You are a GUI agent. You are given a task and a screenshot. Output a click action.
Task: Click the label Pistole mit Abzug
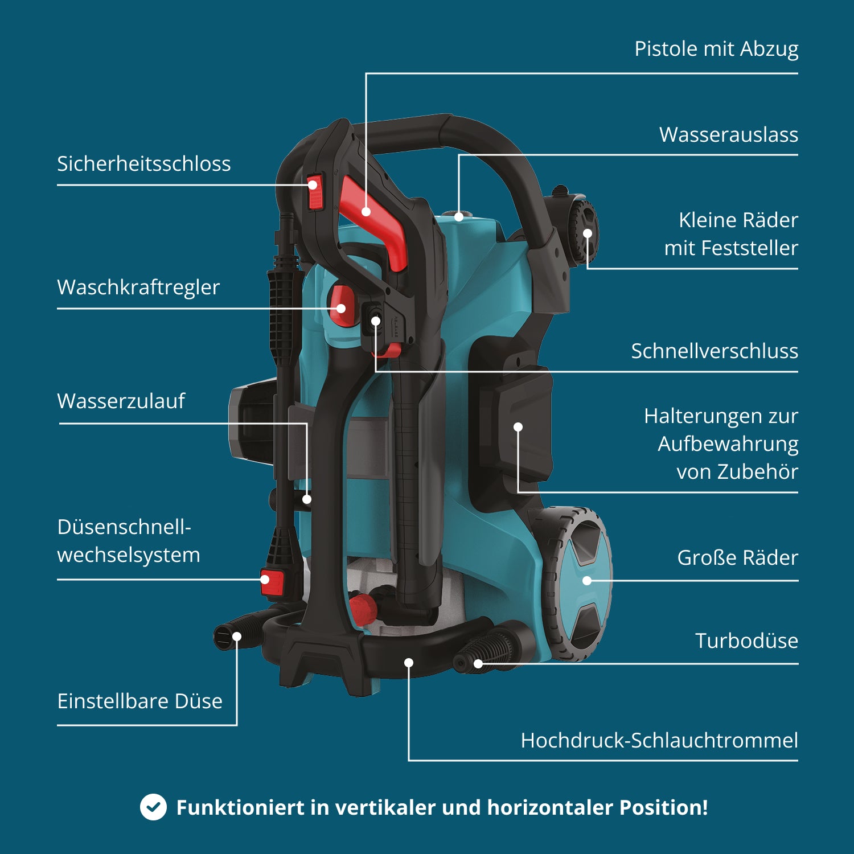(x=716, y=49)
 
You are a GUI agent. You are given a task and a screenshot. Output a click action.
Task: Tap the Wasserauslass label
(x=728, y=135)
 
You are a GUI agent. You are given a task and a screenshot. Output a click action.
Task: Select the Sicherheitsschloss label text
(x=143, y=164)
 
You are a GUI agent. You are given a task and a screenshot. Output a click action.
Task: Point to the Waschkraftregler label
(x=138, y=288)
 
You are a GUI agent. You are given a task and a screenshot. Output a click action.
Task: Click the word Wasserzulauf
(x=121, y=401)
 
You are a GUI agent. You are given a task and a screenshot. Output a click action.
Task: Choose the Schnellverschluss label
(x=714, y=351)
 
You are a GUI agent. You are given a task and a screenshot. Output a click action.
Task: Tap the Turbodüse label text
(x=746, y=641)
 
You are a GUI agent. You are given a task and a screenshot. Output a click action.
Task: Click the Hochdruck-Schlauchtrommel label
(x=659, y=741)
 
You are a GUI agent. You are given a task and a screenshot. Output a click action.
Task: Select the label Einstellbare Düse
(x=139, y=701)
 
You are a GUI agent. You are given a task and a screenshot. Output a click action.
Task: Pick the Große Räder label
(x=737, y=558)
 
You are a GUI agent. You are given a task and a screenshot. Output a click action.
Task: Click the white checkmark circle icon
(x=153, y=807)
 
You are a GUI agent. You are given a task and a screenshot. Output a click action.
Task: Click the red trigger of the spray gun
(x=376, y=222)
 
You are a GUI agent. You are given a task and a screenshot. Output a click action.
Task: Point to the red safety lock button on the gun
(x=315, y=192)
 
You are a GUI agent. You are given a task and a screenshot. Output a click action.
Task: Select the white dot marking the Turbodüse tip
(x=478, y=663)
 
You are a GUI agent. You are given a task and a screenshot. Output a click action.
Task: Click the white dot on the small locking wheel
(x=588, y=233)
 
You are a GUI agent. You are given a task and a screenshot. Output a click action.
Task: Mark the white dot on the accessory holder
(x=518, y=427)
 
